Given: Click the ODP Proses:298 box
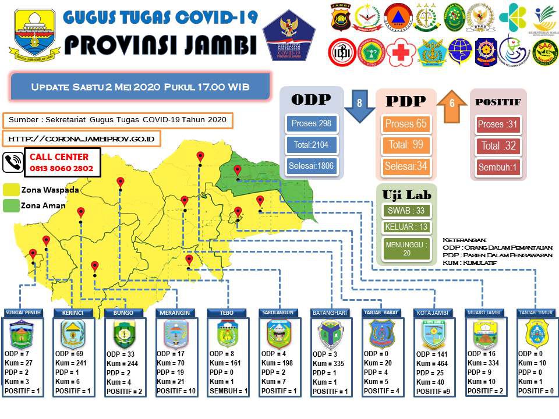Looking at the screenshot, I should point(312,124).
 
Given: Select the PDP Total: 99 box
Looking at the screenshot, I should point(406,145).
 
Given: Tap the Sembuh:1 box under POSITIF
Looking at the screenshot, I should point(498,168).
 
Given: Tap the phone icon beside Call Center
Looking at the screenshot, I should point(13,163).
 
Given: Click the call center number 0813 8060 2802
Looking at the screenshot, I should point(61,168).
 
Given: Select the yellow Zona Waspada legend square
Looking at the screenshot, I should point(10,190).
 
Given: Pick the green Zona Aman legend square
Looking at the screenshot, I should point(10,205).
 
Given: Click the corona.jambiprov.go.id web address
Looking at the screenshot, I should point(82,139).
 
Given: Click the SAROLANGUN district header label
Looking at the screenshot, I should point(279,313).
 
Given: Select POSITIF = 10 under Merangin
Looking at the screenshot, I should point(176,390).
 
